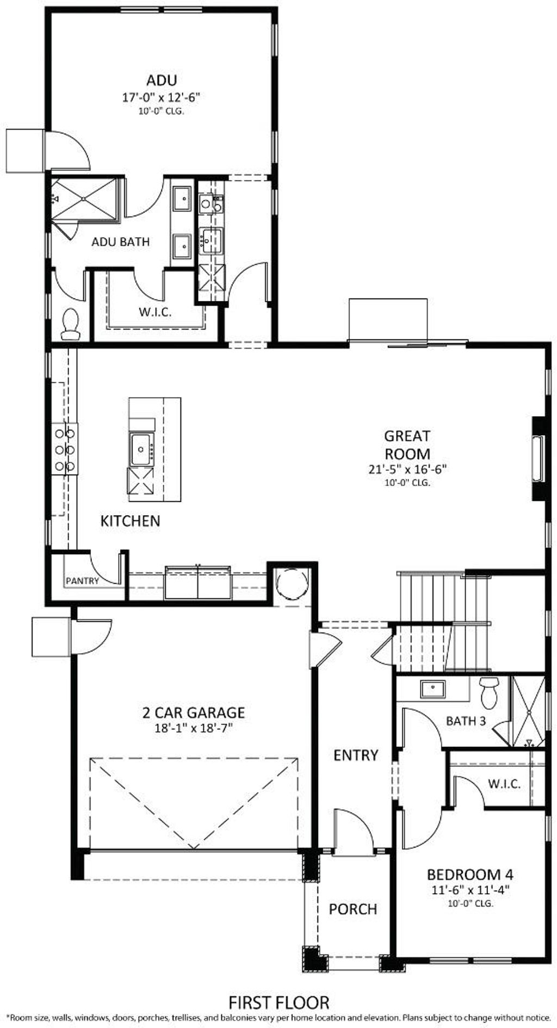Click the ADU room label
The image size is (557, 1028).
[x=162, y=80]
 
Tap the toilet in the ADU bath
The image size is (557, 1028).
[x=70, y=324]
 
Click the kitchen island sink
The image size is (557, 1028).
[x=142, y=449]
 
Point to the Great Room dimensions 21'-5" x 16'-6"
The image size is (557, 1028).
[x=407, y=469]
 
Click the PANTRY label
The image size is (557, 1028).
[x=83, y=581]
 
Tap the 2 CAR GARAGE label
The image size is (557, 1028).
[x=194, y=712]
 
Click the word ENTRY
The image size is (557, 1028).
[x=356, y=755]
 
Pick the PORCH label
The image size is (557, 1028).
[x=353, y=909]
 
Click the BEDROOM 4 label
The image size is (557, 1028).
[x=470, y=875]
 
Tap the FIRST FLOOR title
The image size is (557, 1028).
[x=279, y=1002]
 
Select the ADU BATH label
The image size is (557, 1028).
[x=120, y=241]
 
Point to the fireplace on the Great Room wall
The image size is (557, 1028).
[x=538, y=459]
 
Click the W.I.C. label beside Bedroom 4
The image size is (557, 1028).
[x=504, y=784]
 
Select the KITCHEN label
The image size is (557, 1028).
[x=131, y=521]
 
